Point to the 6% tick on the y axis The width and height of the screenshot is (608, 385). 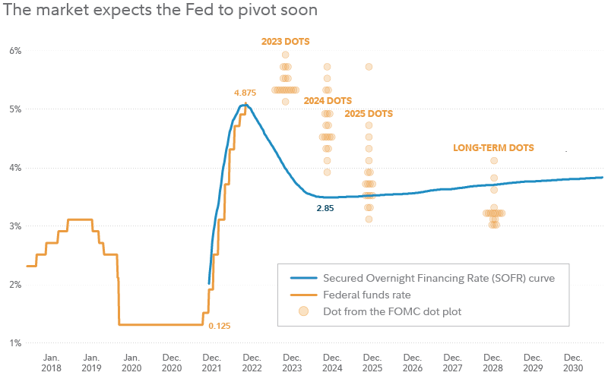(14, 50)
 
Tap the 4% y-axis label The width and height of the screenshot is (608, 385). (14, 167)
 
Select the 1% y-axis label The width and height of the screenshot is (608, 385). (14, 342)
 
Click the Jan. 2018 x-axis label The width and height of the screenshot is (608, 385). (51, 362)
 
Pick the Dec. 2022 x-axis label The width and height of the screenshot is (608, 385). (252, 362)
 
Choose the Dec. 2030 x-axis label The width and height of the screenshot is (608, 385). (572, 362)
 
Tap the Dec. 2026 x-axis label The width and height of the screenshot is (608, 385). (412, 362)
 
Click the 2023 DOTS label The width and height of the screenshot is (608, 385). (285, 42)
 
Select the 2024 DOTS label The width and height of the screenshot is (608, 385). (328, 100)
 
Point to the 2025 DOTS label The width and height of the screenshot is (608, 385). (369, 114)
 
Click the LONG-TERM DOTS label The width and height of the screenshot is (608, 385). (494, 148)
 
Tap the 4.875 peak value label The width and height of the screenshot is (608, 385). (245, 93)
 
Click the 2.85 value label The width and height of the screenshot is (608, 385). (325, 207)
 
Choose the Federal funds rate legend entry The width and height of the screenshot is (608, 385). (368, 295)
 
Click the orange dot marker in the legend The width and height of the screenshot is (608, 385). (303, 311)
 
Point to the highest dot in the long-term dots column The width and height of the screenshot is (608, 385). (494, 161)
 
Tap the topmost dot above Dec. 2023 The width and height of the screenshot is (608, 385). (286, 55)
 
